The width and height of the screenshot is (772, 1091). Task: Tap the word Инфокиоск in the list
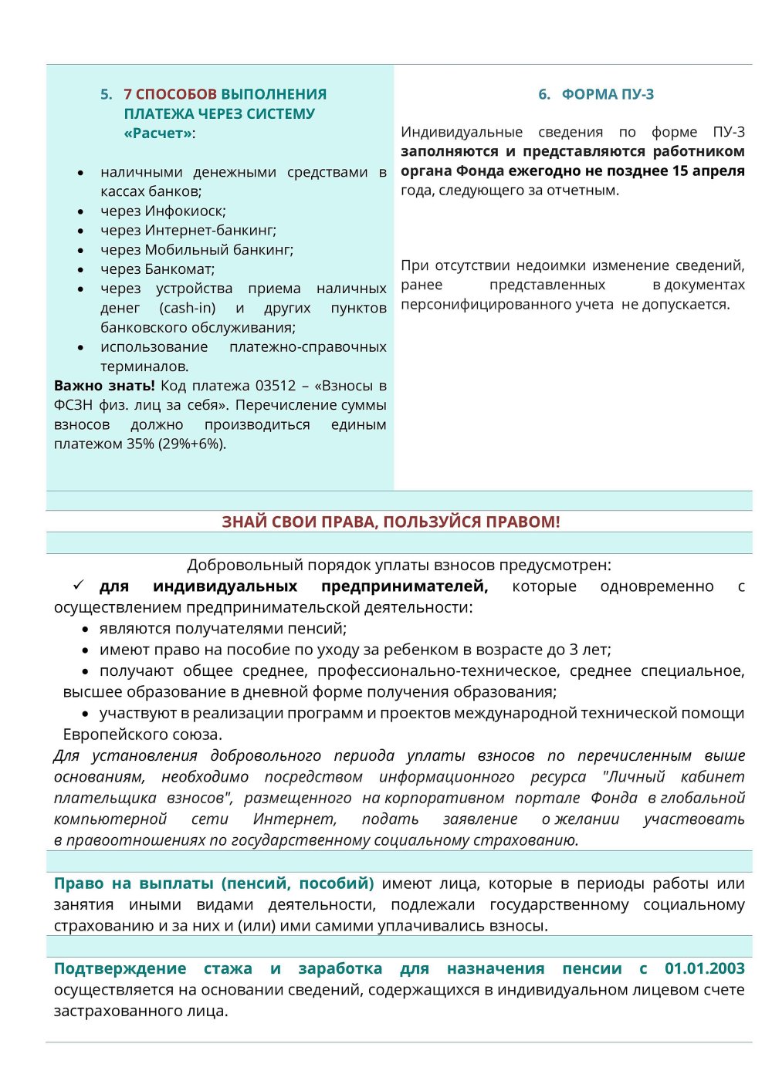click(185, 211)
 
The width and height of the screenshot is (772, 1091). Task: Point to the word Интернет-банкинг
click(210, 230)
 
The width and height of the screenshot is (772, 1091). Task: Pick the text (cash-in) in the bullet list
click(188, 308)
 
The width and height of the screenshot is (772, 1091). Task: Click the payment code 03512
click(276, 386)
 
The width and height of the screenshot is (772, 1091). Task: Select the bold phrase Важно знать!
click(104, 386)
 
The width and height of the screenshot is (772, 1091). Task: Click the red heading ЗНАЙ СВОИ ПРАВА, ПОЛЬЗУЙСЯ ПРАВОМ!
click(391, 522)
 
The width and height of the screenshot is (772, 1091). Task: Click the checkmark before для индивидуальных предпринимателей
click(79, 586)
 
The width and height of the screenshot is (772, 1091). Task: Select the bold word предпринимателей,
click(405, 586)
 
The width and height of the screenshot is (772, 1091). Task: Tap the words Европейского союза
click(142, 735)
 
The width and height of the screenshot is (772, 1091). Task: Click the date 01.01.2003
click(704, 968)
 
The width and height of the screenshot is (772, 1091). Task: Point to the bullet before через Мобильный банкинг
click(81, 250)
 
